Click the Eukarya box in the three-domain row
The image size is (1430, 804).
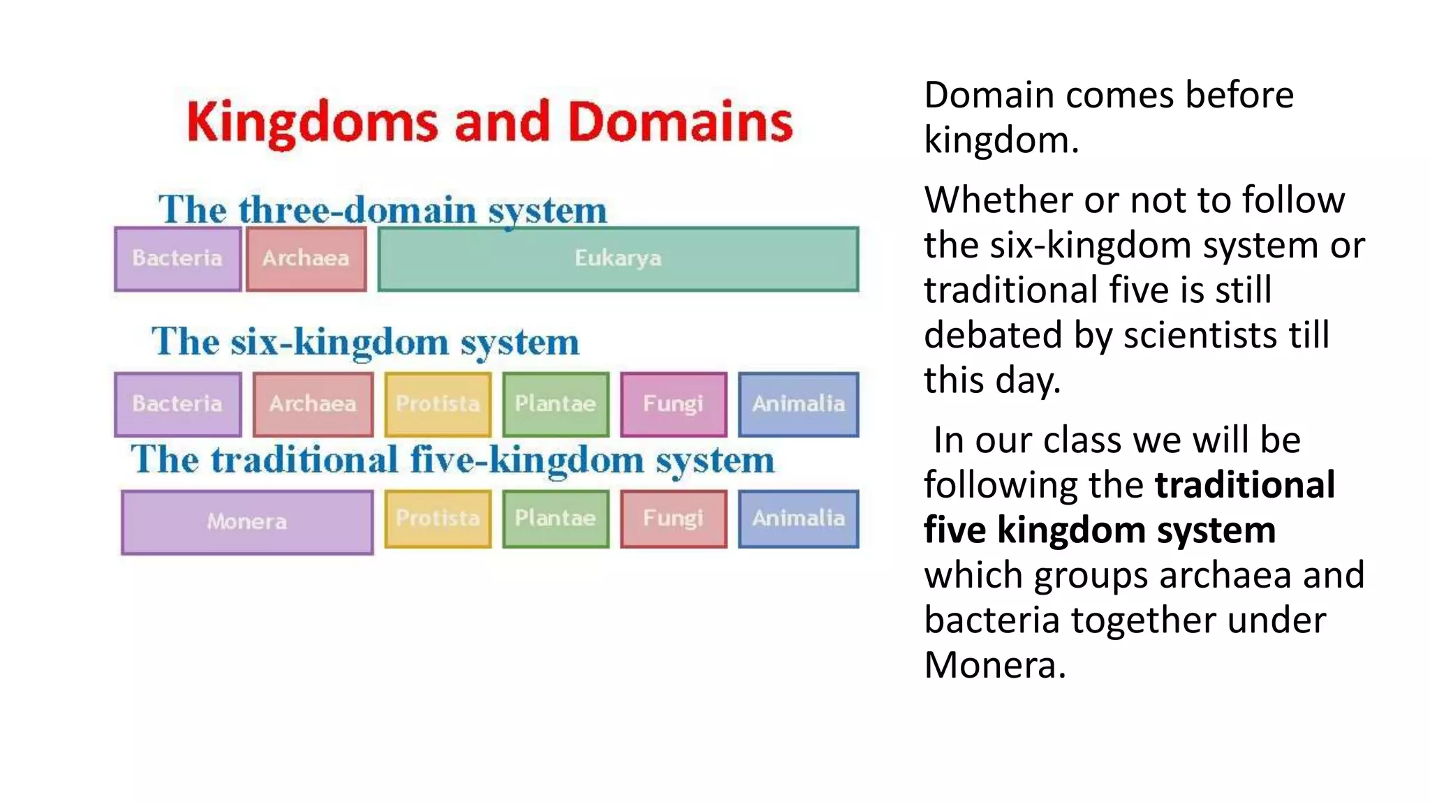point(618,259)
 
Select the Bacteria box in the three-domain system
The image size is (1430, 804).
point(177,259)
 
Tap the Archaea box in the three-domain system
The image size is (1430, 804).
point(306,259)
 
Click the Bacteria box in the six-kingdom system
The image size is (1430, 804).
point(177,404)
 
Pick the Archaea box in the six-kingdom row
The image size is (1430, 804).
point(313,404)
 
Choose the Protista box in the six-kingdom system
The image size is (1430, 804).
point(438,404)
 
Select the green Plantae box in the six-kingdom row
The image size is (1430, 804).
point(555,404)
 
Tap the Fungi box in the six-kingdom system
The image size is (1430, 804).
point(673,404)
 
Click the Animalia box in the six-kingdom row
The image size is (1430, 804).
point(798,404)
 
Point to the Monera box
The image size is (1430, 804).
point(246,522)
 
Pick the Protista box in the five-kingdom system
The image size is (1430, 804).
point(438,519)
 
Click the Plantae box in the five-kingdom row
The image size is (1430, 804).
point(555,519)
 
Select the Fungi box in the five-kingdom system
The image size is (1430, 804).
point(673,519)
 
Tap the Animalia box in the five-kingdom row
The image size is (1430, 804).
point(798,519)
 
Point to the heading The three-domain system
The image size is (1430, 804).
point(383,209)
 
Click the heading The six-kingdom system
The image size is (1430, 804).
point(365,342)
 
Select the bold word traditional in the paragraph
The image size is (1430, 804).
point(1244,485)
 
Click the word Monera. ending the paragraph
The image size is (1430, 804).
point(994,664)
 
